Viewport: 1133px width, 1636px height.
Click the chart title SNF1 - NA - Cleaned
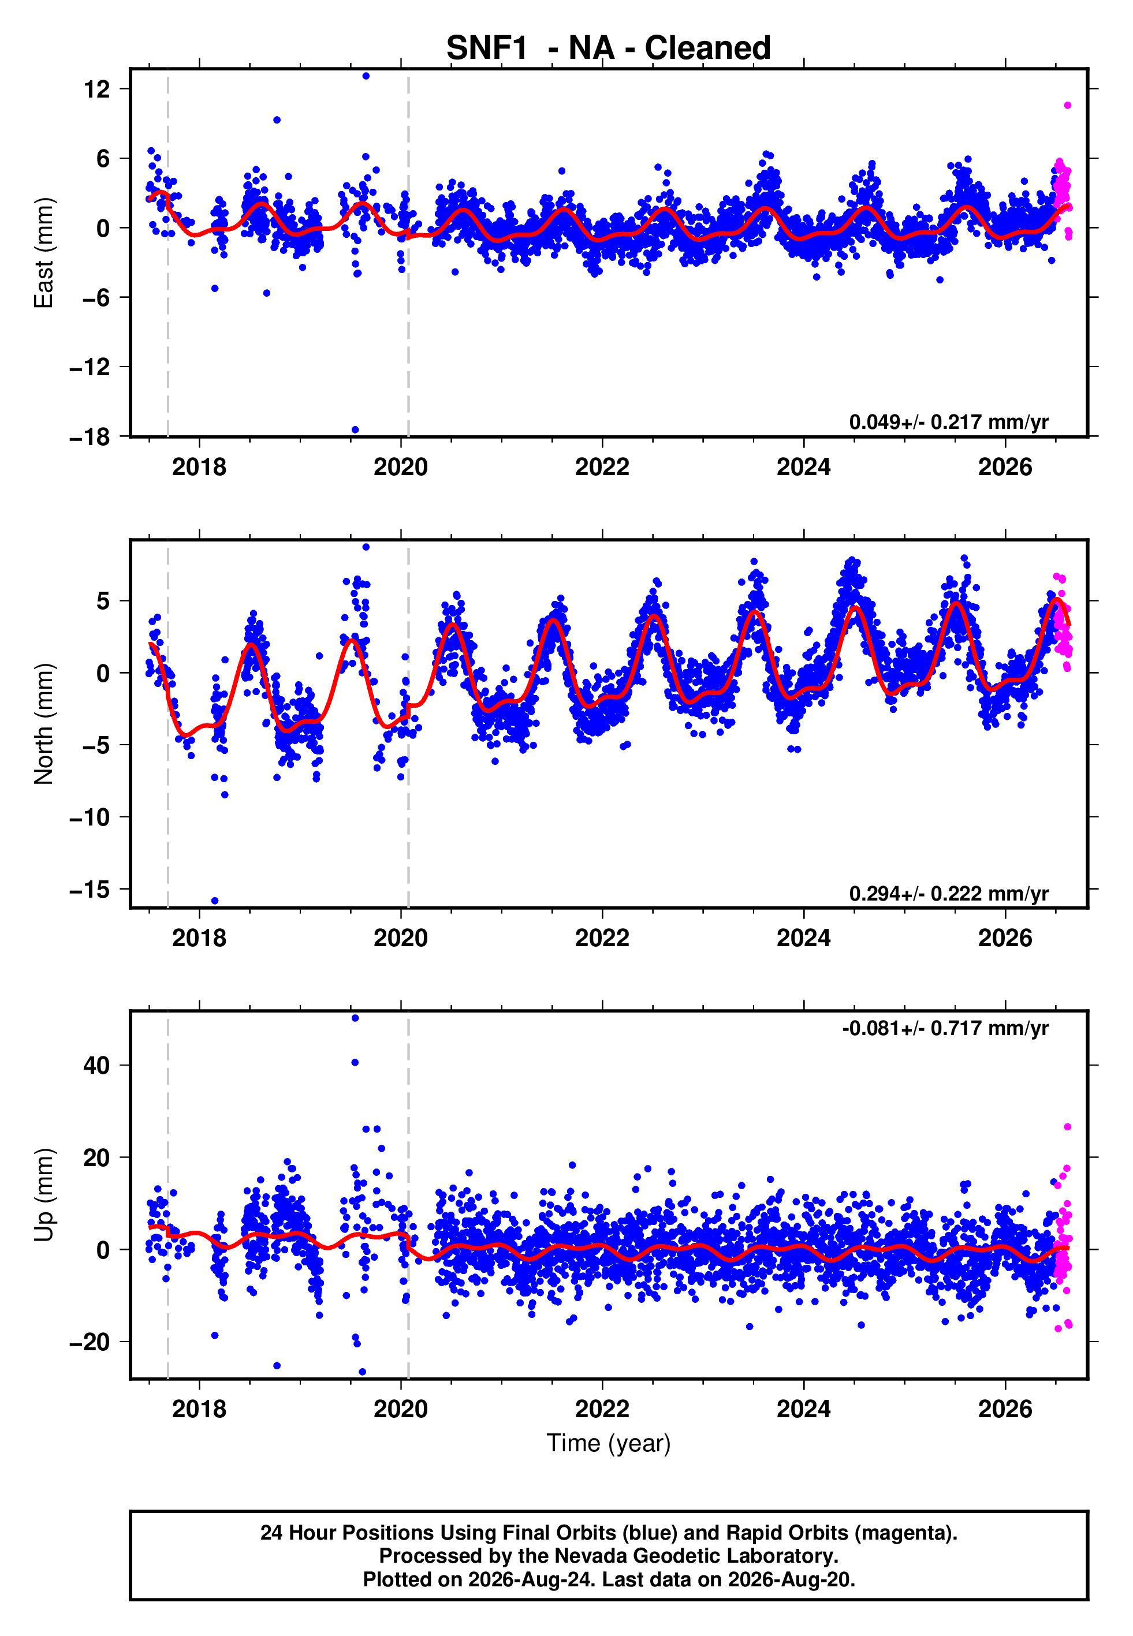tap(609, 48)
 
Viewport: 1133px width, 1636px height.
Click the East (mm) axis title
tap(43, 253)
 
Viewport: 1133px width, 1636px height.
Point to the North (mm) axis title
tap(43, 724)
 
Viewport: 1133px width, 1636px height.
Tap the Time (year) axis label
tap(609, 1444)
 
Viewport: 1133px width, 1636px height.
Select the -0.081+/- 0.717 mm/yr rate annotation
tap(945, 1028)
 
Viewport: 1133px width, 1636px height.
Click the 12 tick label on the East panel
tap(96, 89)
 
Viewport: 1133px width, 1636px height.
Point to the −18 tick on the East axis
tap(90, 437)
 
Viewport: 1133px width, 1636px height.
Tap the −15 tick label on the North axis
tap(90, 889)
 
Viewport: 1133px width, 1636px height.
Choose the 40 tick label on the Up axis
tap(96, 1066)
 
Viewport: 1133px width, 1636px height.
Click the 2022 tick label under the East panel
tap(602, 467)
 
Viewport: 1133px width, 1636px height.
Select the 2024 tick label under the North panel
tap(804, 938)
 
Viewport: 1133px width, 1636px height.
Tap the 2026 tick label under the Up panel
tap(1005, 1409)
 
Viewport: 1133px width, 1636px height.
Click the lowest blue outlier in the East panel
tap(355, 430)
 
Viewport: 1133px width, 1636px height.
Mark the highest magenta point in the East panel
tap(1068, 106)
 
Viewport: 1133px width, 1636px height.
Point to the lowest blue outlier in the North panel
tap(215, 901)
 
